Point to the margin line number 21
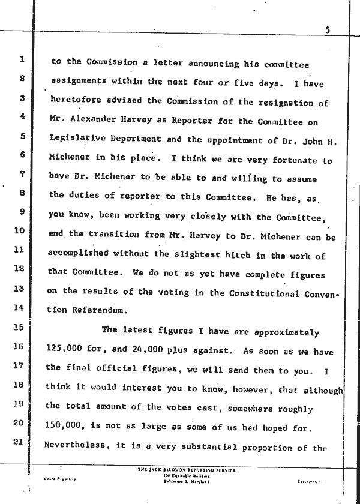(x=20, y=443)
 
